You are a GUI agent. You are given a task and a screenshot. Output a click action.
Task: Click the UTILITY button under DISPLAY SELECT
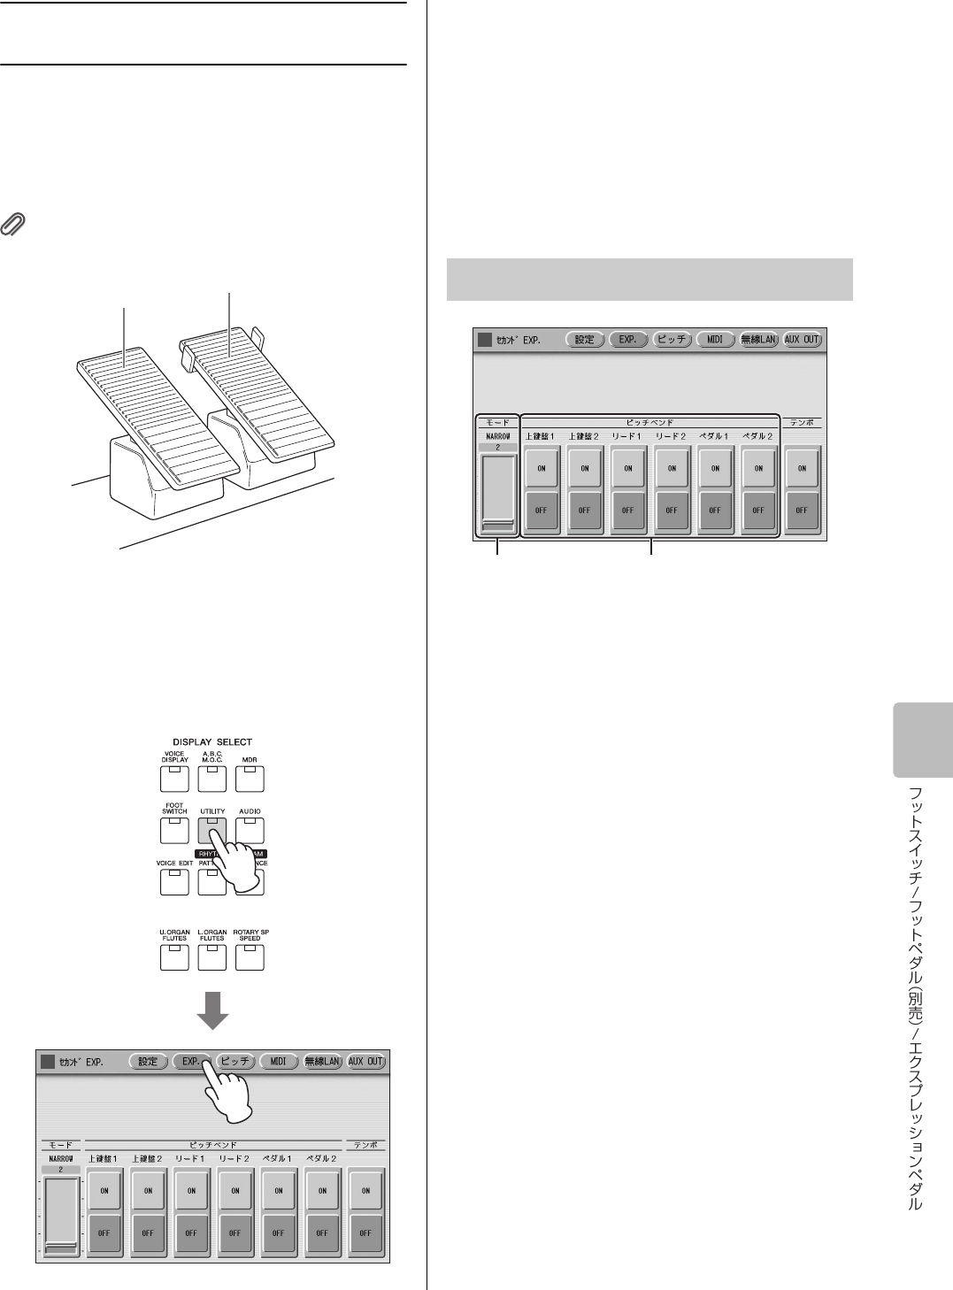click(211, 829)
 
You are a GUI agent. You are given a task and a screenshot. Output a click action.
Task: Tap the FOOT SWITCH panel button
click(173, 829)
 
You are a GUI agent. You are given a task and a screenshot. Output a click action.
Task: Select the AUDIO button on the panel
click(250, 829)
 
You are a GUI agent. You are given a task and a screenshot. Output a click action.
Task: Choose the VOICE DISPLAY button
click(173, 778)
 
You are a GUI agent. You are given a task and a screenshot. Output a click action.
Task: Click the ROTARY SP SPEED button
click(250, 956)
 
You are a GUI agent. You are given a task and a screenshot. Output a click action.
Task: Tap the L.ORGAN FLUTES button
click(211, 956)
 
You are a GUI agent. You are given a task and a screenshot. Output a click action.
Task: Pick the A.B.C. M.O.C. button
click(211, 778)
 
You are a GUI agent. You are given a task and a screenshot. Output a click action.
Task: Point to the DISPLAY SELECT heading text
click(211, 741)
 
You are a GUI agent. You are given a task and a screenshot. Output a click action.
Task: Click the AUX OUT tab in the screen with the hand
click(365, 1062)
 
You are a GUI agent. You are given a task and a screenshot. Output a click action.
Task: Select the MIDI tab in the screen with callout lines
click(715, 339)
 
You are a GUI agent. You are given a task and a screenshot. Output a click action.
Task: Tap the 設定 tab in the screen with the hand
click(148, 1062)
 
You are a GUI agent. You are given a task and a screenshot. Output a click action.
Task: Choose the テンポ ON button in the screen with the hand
click(365, 1191)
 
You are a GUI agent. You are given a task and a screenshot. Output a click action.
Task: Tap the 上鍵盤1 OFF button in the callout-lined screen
click(541, 511)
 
